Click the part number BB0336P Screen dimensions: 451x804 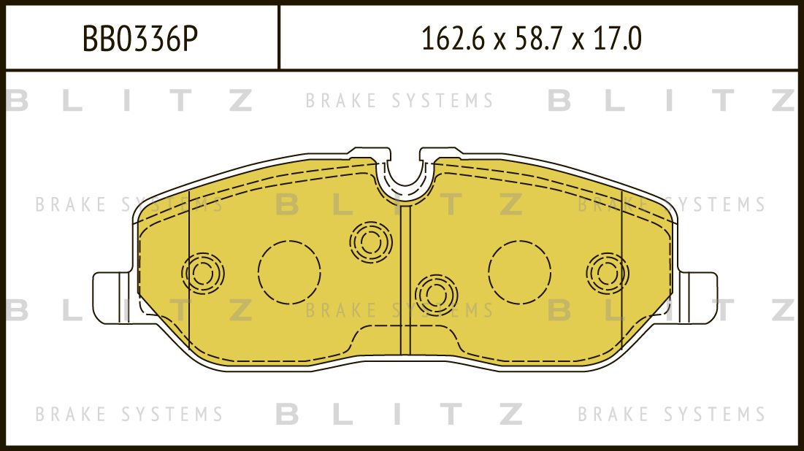tap(139, 39)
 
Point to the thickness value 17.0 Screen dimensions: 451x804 tap(618, 39)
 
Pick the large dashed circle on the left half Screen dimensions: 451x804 tap(289, 271)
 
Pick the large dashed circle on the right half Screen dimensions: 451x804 tap(520, 271)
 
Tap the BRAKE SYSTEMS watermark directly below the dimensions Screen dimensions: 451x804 tap(399, 101)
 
